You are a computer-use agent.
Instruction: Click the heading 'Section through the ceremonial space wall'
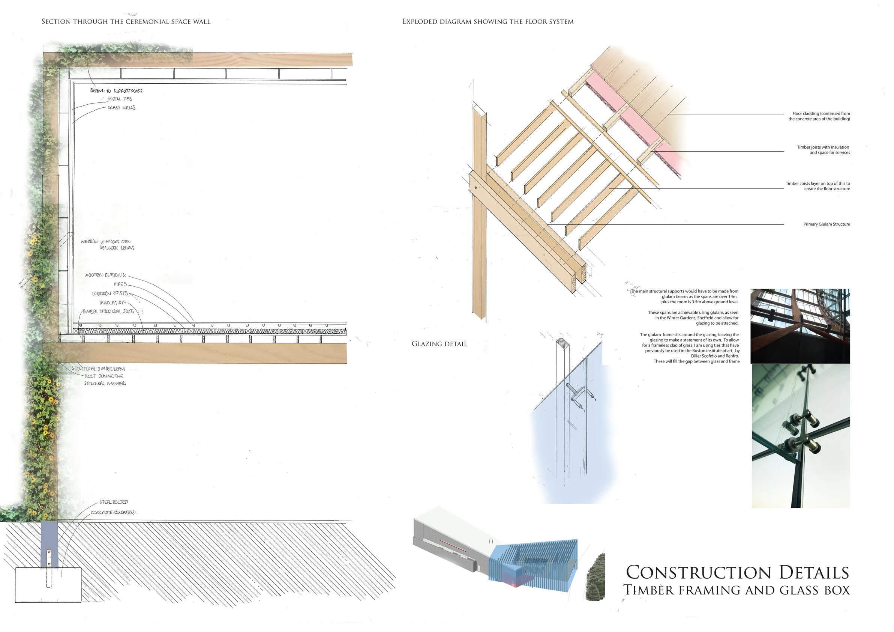coord(126,22)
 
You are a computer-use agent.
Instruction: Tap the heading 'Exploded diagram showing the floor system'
coord(487,22)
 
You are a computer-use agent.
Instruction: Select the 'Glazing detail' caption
coord(439,344)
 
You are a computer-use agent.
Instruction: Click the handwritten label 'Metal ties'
coord(120,99)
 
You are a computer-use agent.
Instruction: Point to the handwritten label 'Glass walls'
coord(121,108)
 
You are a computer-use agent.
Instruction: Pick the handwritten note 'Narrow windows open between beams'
coord(108,245)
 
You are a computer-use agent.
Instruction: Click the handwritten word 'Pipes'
coord(120,284)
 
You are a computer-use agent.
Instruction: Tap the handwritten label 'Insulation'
coord(112,302)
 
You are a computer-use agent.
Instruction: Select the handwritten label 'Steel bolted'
coord(113,502)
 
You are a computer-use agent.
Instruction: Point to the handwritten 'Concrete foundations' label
coord(112,512)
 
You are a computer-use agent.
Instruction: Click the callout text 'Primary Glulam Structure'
coord(826,224)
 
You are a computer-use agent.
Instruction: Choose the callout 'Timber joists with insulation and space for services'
coord(823,150)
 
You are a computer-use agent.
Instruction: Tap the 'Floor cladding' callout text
coord(819,116)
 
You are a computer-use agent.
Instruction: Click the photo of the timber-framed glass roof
coord(800,326)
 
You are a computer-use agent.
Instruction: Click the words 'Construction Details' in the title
coord(737,572)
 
